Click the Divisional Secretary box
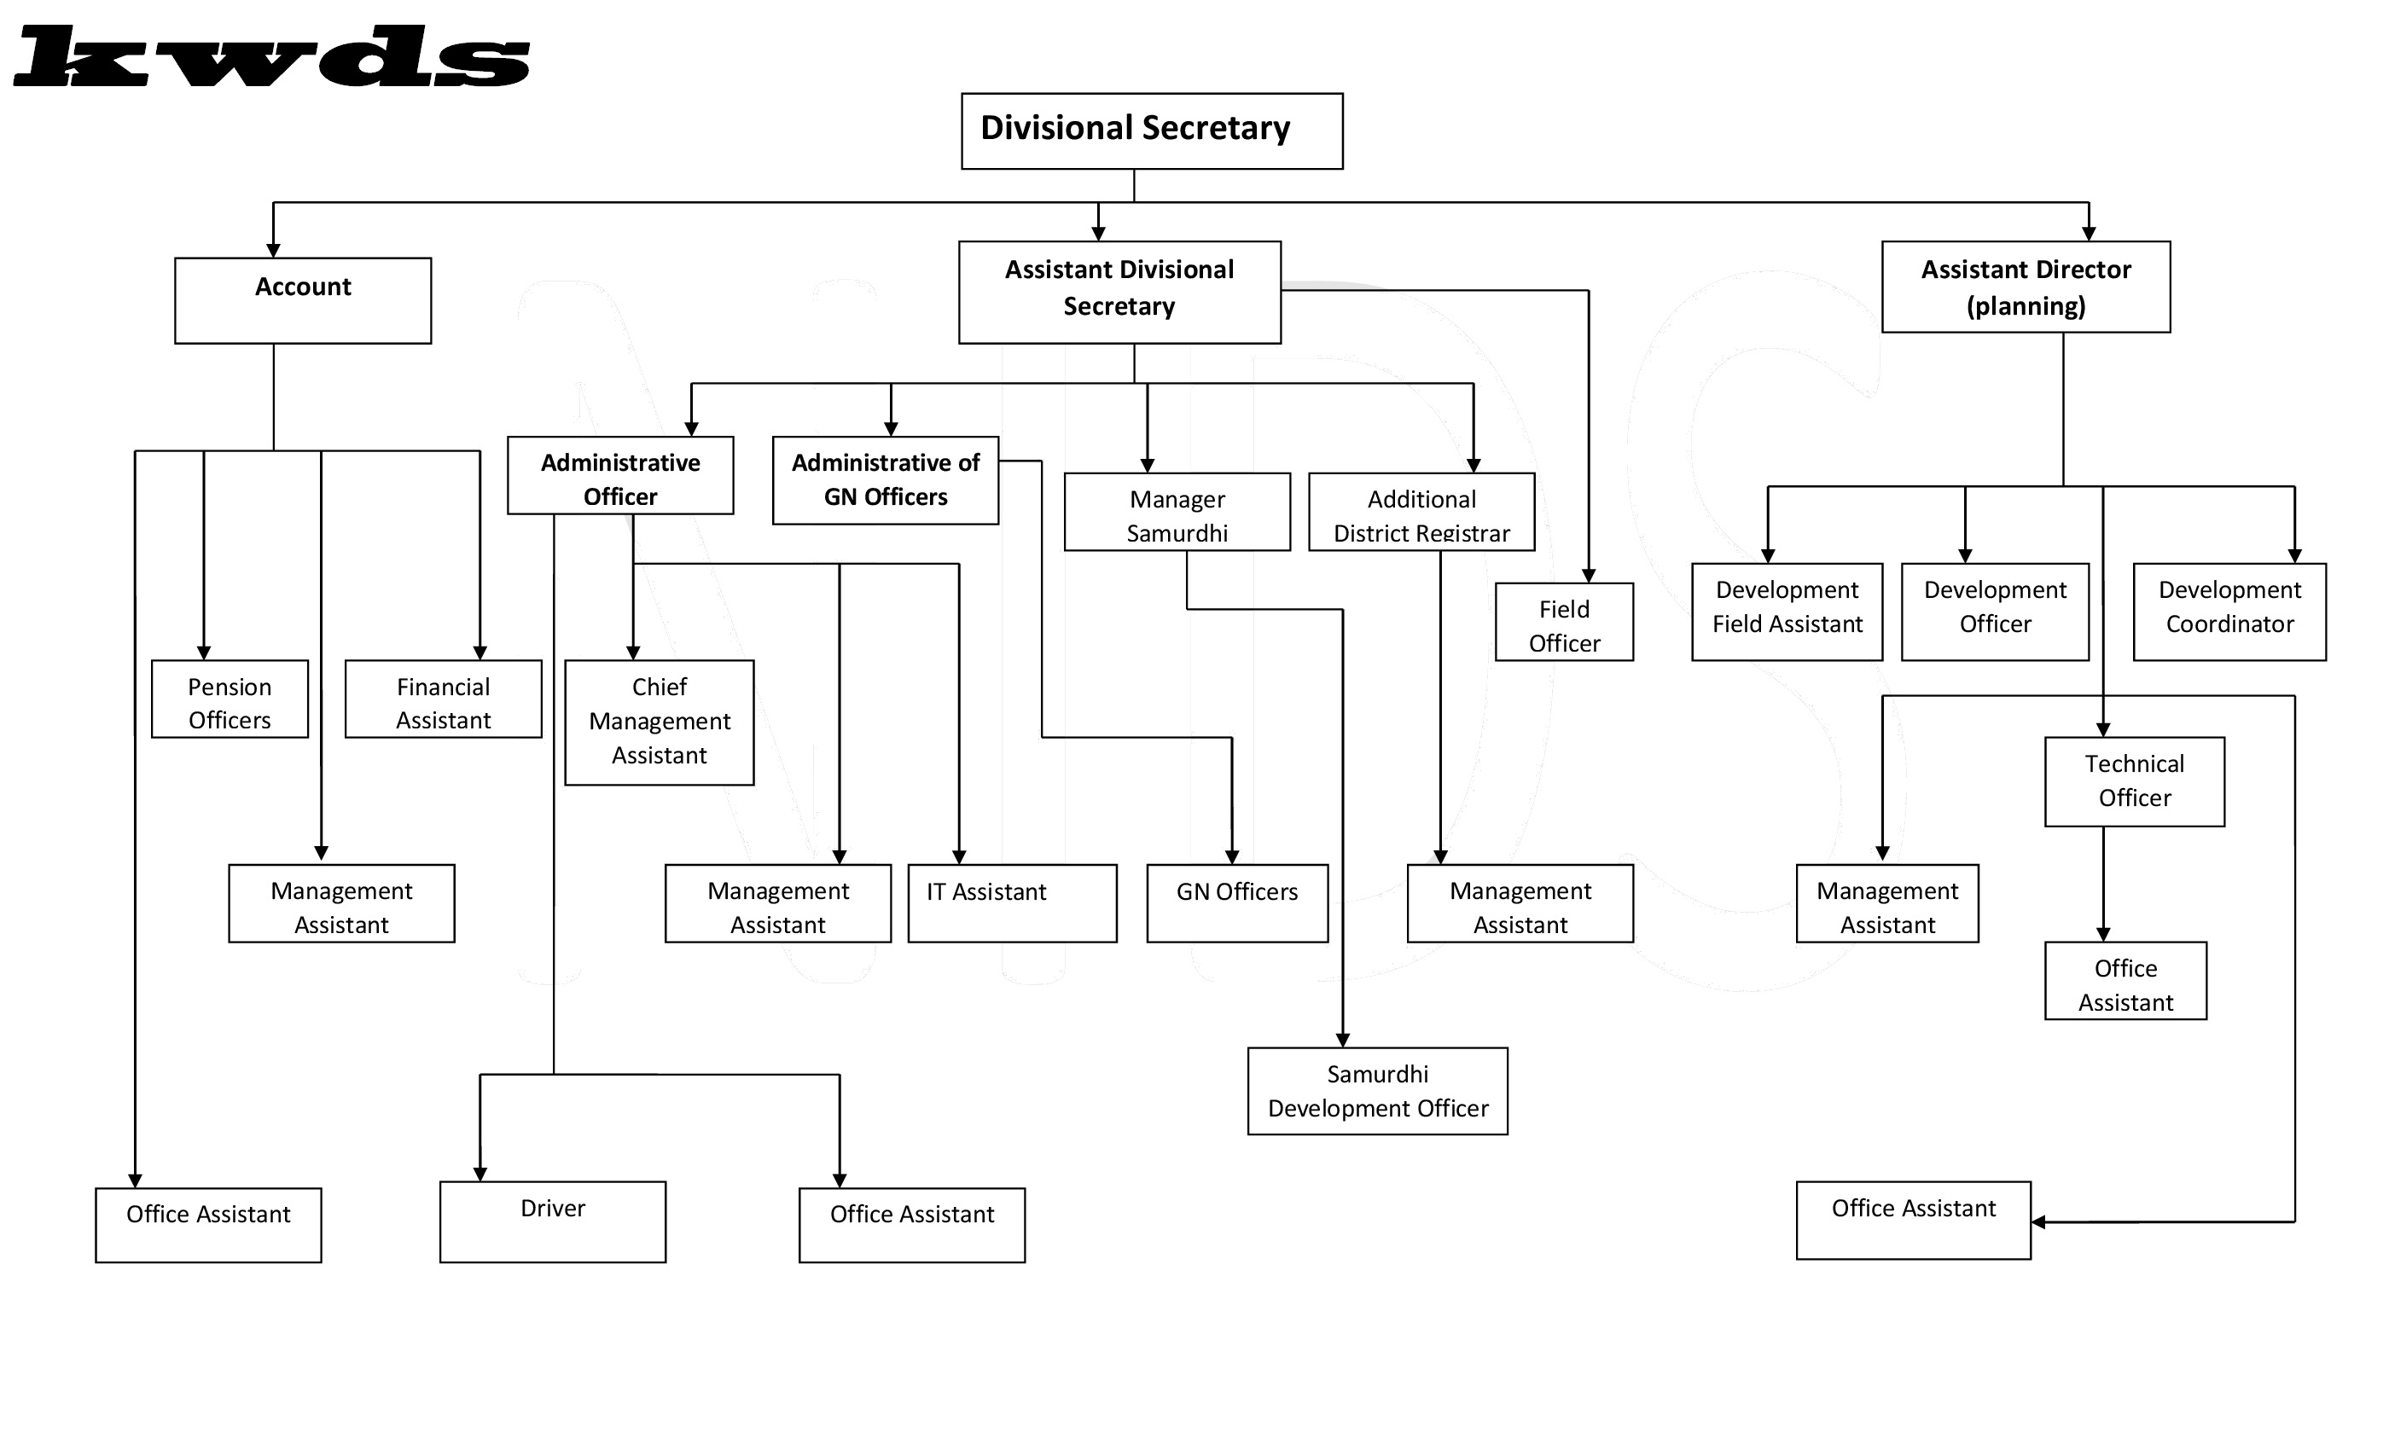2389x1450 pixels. pos(1152,130)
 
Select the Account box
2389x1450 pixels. pos(303,300)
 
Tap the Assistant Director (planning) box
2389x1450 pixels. pos(2026,287)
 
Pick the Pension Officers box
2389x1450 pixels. pos(230,699)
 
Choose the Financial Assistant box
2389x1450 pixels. pos(443,699)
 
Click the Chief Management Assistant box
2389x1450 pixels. pos(660,722)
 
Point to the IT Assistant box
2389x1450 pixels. pos(1012,903)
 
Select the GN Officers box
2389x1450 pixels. pos(1237,903)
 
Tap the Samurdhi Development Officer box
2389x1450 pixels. pos(1378,1090)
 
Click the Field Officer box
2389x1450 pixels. pos(1564,621)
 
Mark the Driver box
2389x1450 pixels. pos(553,1221)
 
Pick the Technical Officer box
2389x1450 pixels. pos(2135,781)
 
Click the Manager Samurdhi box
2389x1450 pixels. pos(1177,512)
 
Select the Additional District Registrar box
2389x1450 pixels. pos(1421,512)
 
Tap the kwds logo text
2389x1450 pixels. pos(271,57)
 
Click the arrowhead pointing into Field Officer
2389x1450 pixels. pos(1588,576)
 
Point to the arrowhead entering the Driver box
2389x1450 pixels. pos(480,1174)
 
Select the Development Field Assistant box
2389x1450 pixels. pos(1787,612)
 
